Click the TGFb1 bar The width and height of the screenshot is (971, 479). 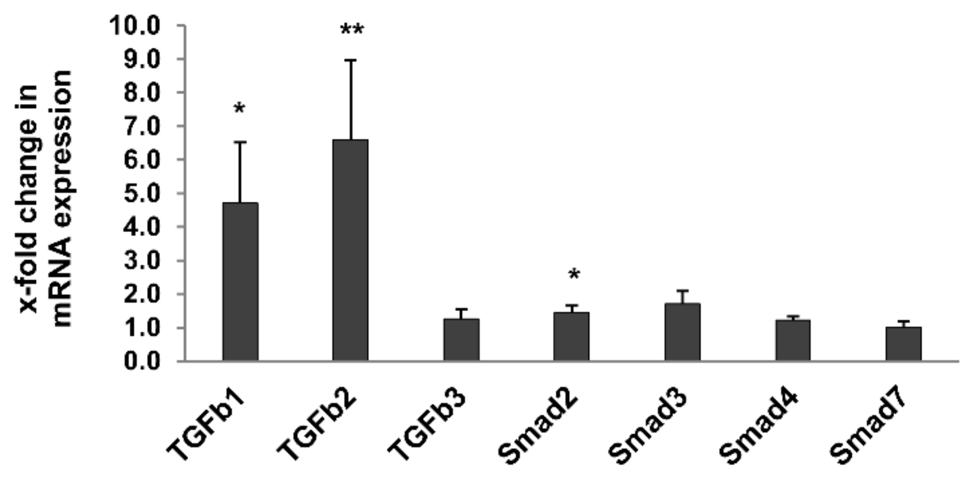pos(240,282)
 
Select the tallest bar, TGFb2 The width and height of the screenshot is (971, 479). pos(350,250)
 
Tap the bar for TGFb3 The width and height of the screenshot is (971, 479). pos(461,340)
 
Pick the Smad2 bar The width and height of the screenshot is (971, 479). pos(571,336)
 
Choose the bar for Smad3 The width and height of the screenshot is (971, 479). pos(682,332)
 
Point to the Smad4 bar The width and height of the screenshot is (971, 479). pos(793,340)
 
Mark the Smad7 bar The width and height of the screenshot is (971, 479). pos(903,344)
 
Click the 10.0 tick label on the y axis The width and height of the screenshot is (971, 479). pos(135,26)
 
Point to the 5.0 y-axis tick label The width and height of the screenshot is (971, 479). pos(142,193)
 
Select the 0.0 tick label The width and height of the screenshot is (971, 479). pos(142,362)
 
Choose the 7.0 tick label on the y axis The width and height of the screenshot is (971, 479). pos(142,126)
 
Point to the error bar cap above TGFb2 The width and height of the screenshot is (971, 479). pos(351,60)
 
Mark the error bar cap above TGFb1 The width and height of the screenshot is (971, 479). pos(240,142)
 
